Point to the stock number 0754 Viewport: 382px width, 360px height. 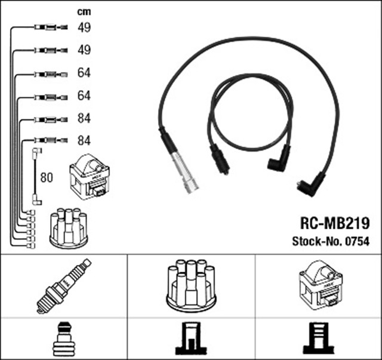click(x=358, y=241)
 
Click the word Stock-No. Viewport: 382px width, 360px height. click(x=317, y=241)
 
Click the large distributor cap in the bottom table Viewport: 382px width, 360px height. click(x=192, y=285)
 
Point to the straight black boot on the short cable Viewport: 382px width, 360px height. click(x=218, y=160)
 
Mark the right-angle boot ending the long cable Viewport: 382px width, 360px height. click(x=311, y=181)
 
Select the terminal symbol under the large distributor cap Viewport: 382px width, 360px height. click(x=191, y=340)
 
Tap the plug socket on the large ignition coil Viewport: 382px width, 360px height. click(x=329, y=303)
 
